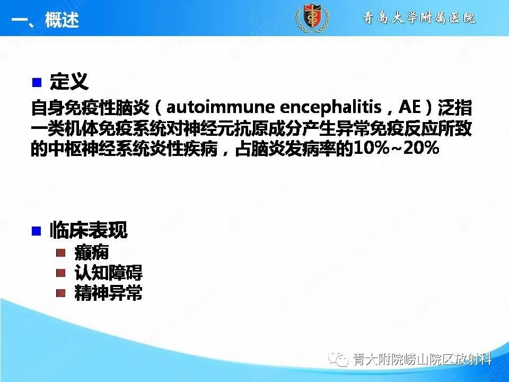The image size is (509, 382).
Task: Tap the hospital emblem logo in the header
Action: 312,18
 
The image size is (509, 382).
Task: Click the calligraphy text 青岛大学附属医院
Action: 419,18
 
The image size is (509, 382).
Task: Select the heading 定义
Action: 69,82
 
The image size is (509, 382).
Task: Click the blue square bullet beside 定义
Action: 37,83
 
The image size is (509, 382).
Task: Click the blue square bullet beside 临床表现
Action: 37,231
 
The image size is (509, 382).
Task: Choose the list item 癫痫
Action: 92,253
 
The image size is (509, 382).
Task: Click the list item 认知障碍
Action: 109,273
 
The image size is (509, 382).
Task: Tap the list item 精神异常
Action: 109,293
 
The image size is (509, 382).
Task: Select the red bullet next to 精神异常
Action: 62,293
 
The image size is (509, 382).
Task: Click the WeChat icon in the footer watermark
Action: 338,360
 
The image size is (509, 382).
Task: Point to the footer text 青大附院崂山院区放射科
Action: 422,360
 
